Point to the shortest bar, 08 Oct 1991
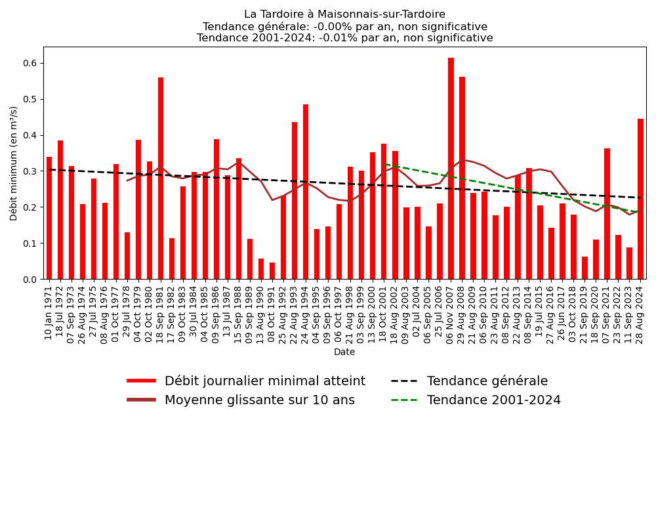pos(272,271)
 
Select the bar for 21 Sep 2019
pos(584,268)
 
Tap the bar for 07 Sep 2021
pos(607,214)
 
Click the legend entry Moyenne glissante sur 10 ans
pos(259,400)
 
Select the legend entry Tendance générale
pos(487,381)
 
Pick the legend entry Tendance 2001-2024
pos(493,400)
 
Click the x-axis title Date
pos(344,352)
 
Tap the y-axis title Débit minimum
pos(14,163)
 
